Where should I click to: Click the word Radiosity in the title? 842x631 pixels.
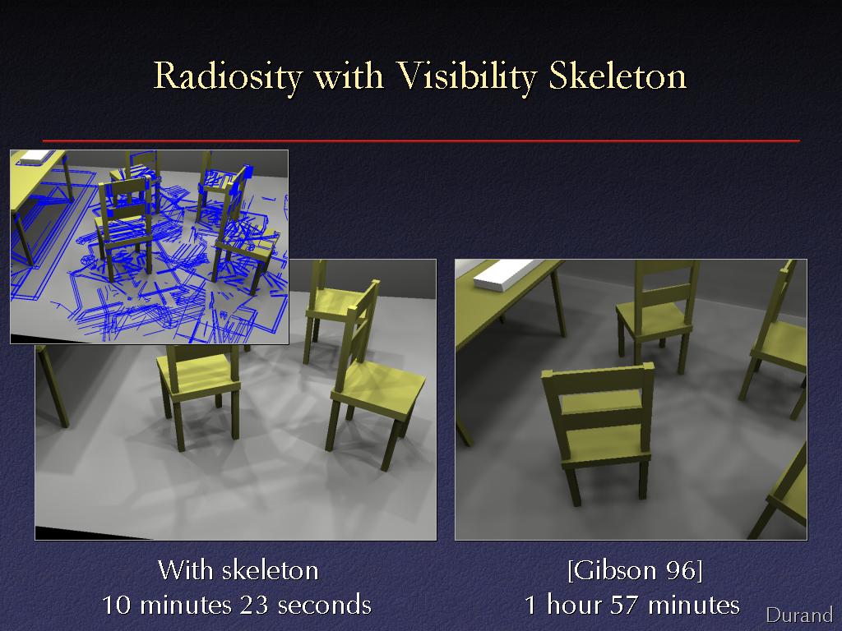(229, 76)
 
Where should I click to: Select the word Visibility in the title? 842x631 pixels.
(466, 76)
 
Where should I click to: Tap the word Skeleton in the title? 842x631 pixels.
(618, 75)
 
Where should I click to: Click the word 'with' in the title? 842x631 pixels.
(349, 76)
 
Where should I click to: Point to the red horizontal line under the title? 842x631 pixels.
(421, 140)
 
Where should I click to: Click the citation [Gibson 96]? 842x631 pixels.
(635, 570)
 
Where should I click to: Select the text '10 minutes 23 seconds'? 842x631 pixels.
(237, 605)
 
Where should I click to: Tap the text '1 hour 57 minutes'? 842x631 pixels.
(632, 605)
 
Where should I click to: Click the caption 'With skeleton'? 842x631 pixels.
(238, 570)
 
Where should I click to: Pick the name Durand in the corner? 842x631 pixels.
(799, 615)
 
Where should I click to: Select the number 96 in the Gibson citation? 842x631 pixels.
(682, 570)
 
